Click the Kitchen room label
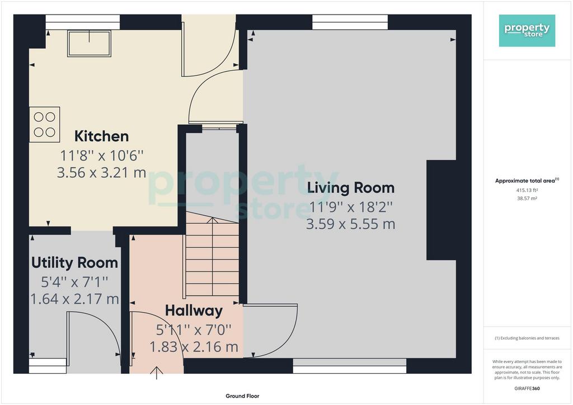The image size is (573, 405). pos(102,136)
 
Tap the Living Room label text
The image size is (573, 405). pos(351,188)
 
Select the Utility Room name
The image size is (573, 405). pos(74,262)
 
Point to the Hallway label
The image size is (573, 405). pos(194,311)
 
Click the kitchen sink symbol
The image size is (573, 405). pos(89,44)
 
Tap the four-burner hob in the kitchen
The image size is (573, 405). pos(45,124)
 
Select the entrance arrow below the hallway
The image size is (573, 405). pos(157,373)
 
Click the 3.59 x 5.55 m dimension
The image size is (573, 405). pos(351,224)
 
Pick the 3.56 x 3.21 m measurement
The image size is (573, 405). pos(102,172)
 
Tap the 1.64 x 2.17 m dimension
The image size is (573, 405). pos(74,299)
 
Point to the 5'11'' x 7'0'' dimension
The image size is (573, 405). pos(194,330)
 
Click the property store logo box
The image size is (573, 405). pos(527,31)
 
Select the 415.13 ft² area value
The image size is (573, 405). pos(527,190)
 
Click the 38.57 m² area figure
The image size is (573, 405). pos(527,199)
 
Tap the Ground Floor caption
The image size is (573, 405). pos(242,396)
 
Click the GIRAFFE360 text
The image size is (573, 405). pos(527,389)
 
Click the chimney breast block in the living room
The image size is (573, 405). pos(441,210)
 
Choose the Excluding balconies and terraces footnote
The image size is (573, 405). pos(527,338)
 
